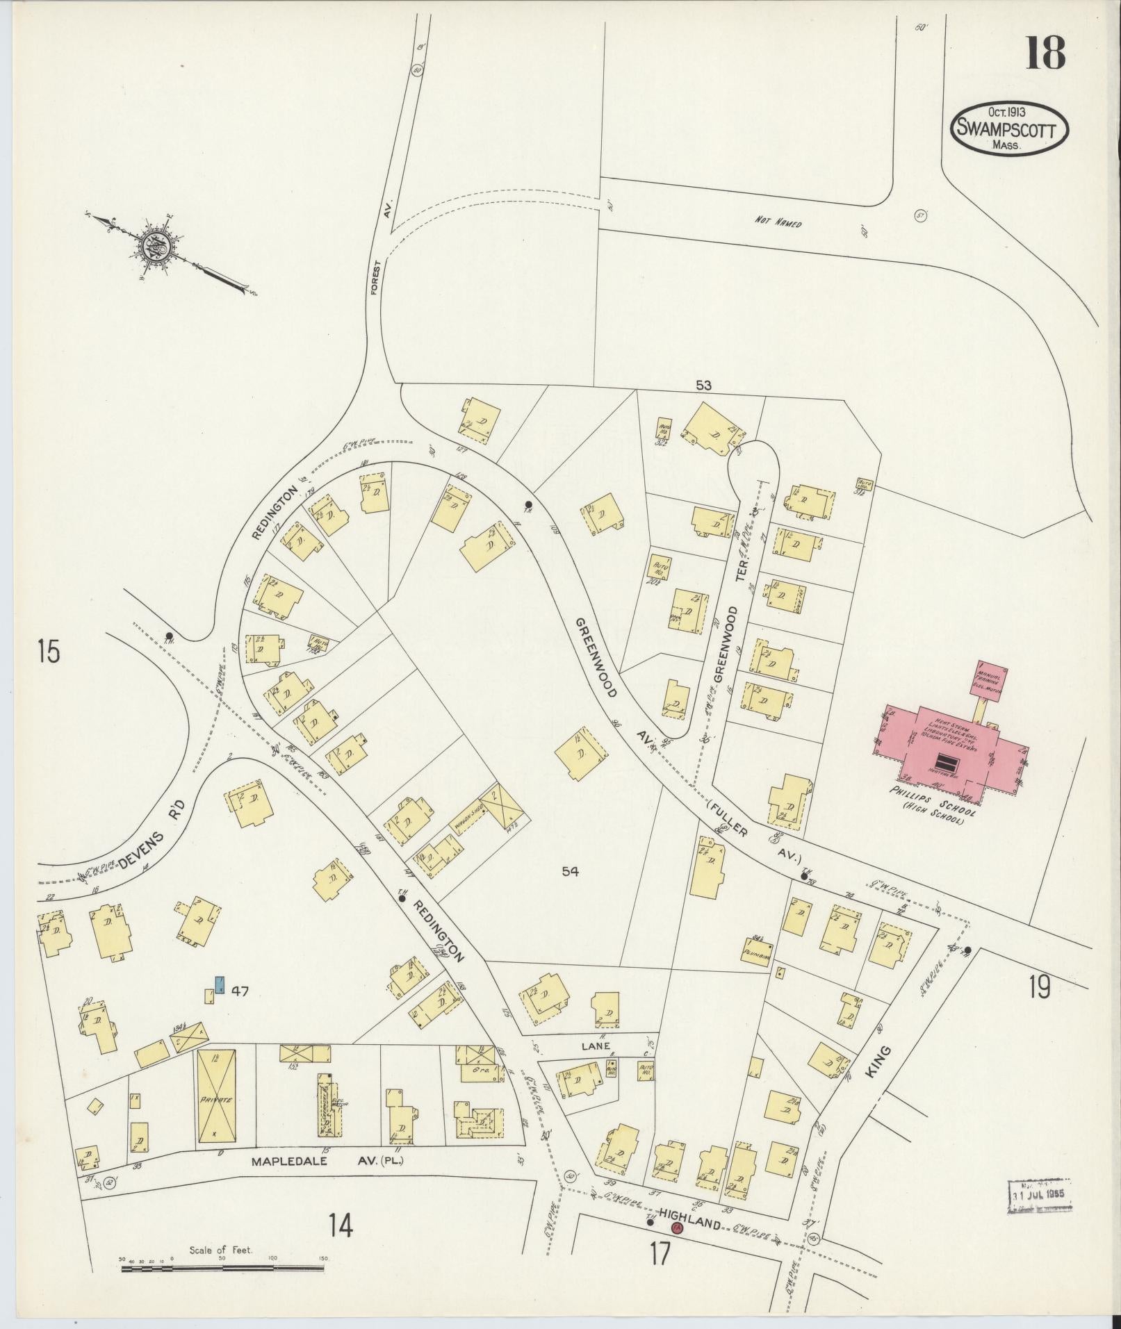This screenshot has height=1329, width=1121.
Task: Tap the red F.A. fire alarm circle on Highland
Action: coord(676,1228)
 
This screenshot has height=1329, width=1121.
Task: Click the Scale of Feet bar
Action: coord(222,1269)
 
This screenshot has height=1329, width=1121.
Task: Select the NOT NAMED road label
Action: coord(778,224)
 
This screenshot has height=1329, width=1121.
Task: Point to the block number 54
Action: coord(571,871)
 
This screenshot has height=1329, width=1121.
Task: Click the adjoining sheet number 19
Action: coord(1040,987)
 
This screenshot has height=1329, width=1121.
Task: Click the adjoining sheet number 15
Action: coord(49,653)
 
